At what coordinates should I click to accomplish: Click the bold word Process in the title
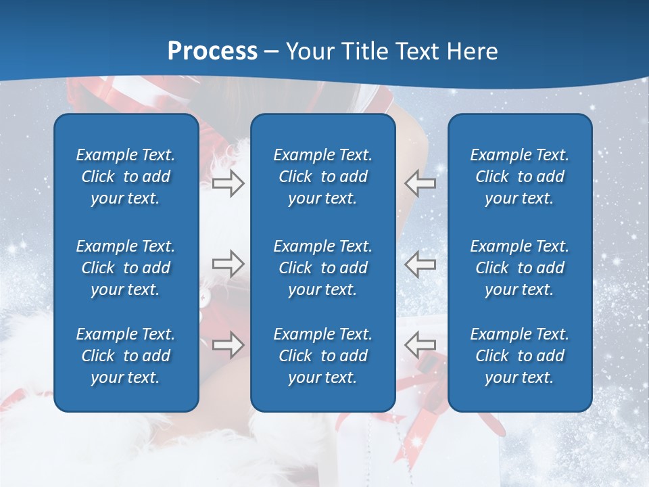coord(212,51)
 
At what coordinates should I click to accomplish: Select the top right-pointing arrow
coord(229,183)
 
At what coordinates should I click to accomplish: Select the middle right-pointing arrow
coord(229,264)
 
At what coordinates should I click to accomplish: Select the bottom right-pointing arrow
coord(229,345)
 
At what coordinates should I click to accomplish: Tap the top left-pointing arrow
coord(420,183)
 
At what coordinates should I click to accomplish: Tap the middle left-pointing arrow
coord(420,264)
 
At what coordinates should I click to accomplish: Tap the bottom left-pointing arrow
coord(420,345)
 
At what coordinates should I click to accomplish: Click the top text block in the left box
coord(126,177)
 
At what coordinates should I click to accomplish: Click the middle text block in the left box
coord(126,268)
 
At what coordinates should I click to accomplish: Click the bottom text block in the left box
coord(126,356)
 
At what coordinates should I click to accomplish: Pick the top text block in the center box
coord(322,177)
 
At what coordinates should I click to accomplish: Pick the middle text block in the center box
coord(322,268)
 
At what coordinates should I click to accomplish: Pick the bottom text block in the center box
coord(322,356)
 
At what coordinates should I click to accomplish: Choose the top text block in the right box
coord(519,177)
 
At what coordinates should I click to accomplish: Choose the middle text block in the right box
coord(519,268)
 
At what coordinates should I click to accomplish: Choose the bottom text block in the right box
coord(519,356)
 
